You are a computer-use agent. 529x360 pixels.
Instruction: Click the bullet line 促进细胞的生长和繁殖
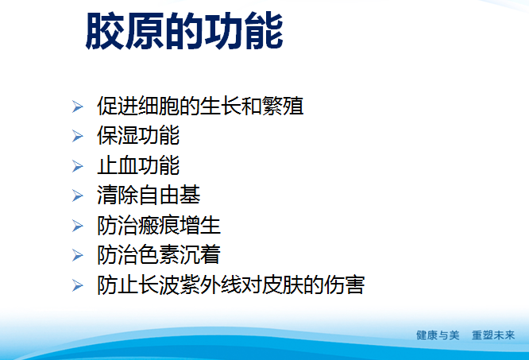click(200, 106)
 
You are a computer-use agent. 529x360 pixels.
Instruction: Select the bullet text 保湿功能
click(138, 135)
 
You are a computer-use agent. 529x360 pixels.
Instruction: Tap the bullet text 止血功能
click(138, 165)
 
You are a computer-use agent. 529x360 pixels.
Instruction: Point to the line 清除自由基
click(149, 195)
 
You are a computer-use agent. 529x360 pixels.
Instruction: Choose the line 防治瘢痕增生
click(159, 225)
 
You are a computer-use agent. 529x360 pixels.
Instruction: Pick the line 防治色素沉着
click(159, 254)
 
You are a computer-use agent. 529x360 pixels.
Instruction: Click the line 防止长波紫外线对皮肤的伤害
click(231, 285)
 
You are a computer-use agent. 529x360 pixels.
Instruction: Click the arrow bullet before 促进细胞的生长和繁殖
click(77, 106)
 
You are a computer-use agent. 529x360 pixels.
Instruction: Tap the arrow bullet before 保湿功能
click(77, 136)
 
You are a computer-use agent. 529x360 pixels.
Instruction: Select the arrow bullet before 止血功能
click(77, 166)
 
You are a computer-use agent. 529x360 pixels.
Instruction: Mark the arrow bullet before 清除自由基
click(77, 195)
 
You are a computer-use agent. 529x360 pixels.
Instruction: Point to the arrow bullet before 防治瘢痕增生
click(77, 226)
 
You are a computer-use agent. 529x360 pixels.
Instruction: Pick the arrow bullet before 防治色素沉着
click(77, 255)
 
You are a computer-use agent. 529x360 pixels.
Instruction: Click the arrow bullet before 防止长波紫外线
click(77, 285)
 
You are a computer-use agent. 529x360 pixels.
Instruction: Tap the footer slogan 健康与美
click(438, 335)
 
